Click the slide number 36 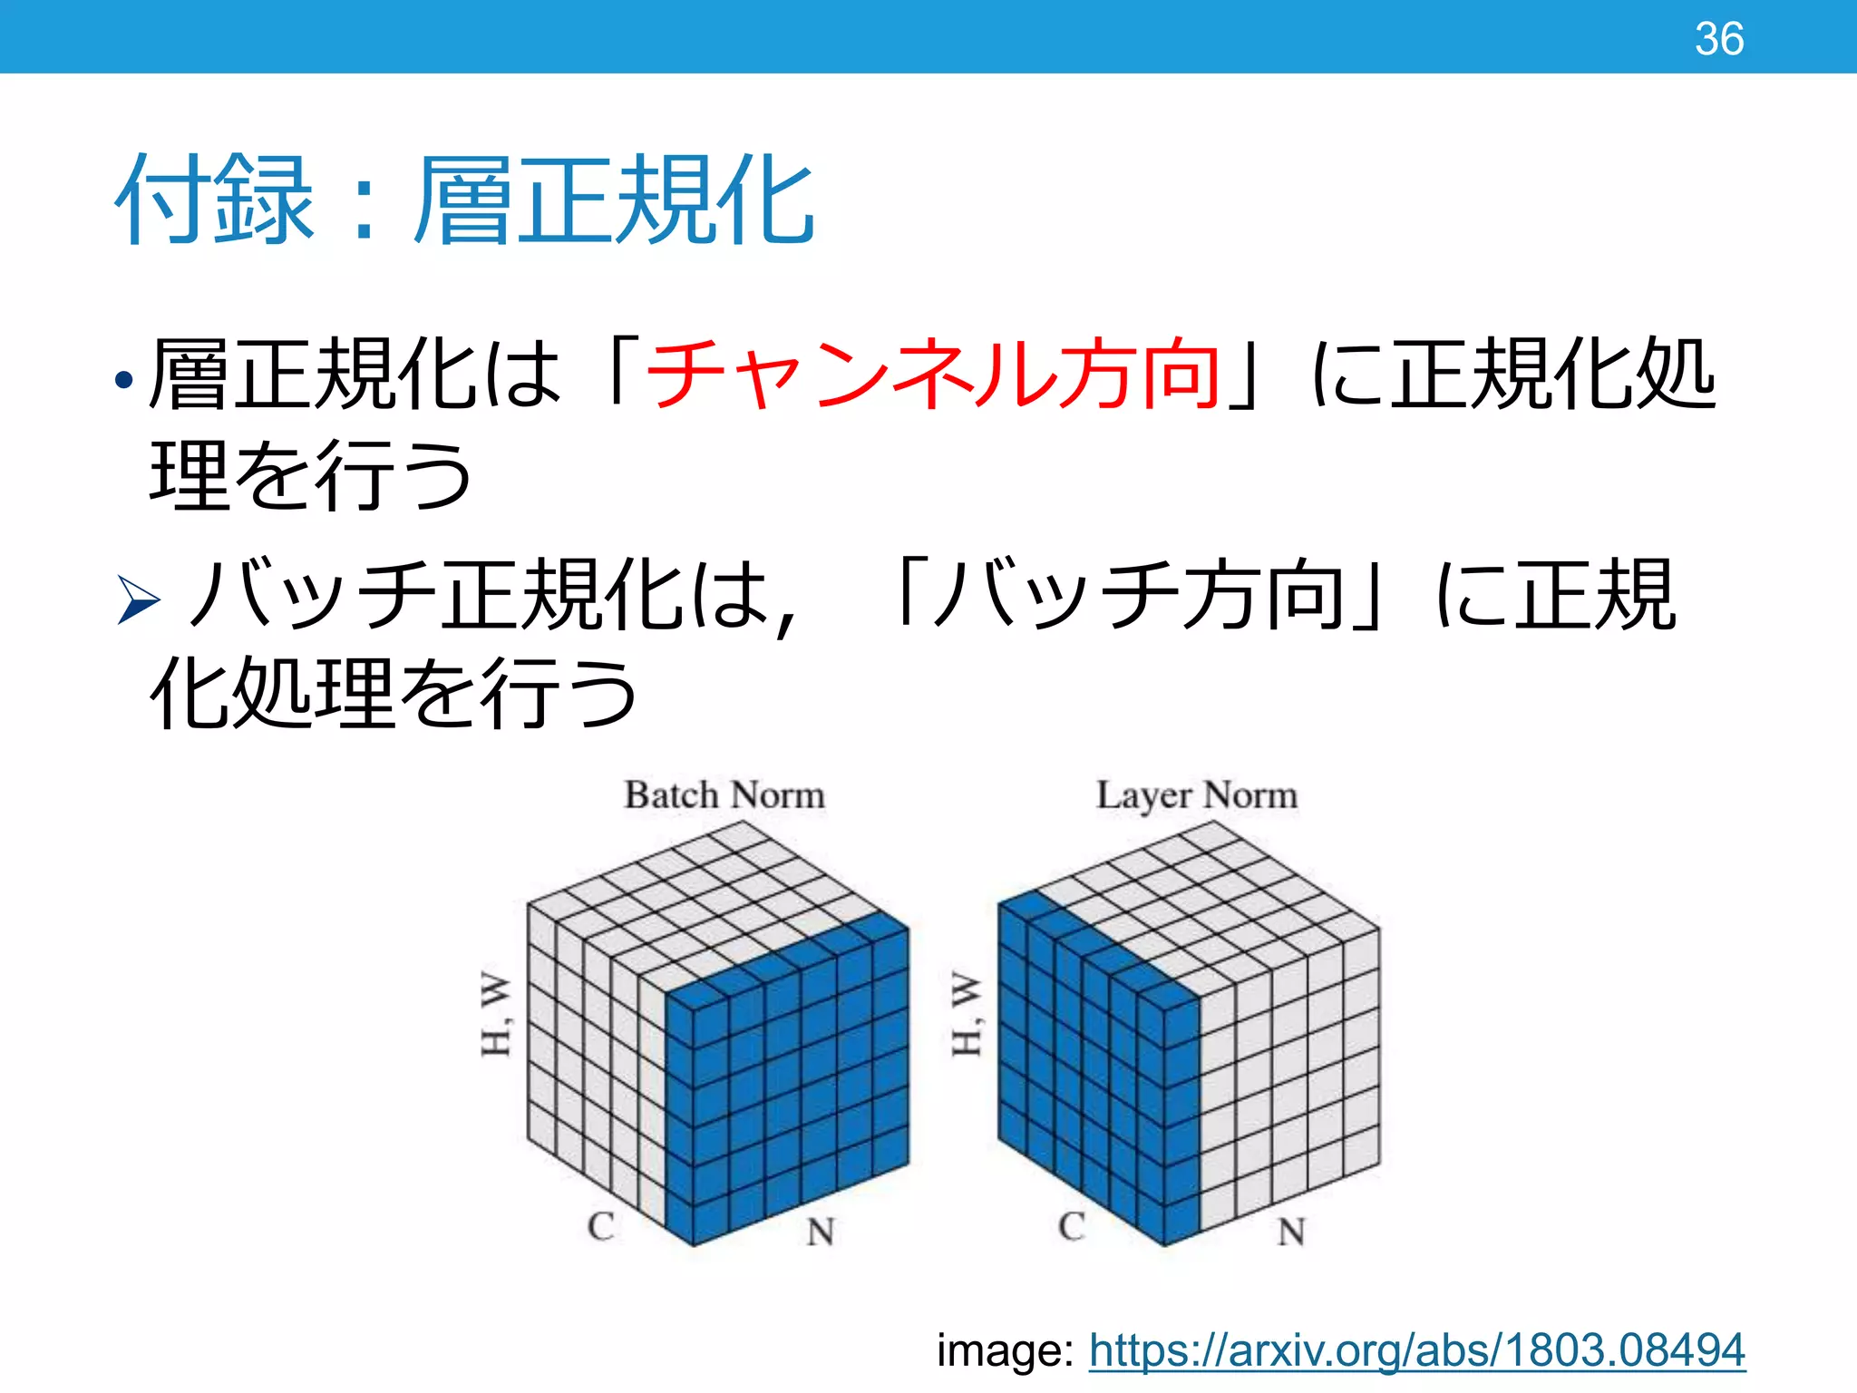tap(1719, 39)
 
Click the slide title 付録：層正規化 tap(464, 200)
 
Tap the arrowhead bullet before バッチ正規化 tap(139, 600)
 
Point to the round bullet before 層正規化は tap(124, 378)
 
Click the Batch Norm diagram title tap(724, 795)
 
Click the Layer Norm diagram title tap(1197, 795)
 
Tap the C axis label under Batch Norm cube tap(601, 1226)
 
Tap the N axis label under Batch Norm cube tap(821, 1232)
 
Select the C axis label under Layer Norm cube tap(1072, 1226)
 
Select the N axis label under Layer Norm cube tap(1291, 1232)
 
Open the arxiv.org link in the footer tap(1416, 1350)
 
